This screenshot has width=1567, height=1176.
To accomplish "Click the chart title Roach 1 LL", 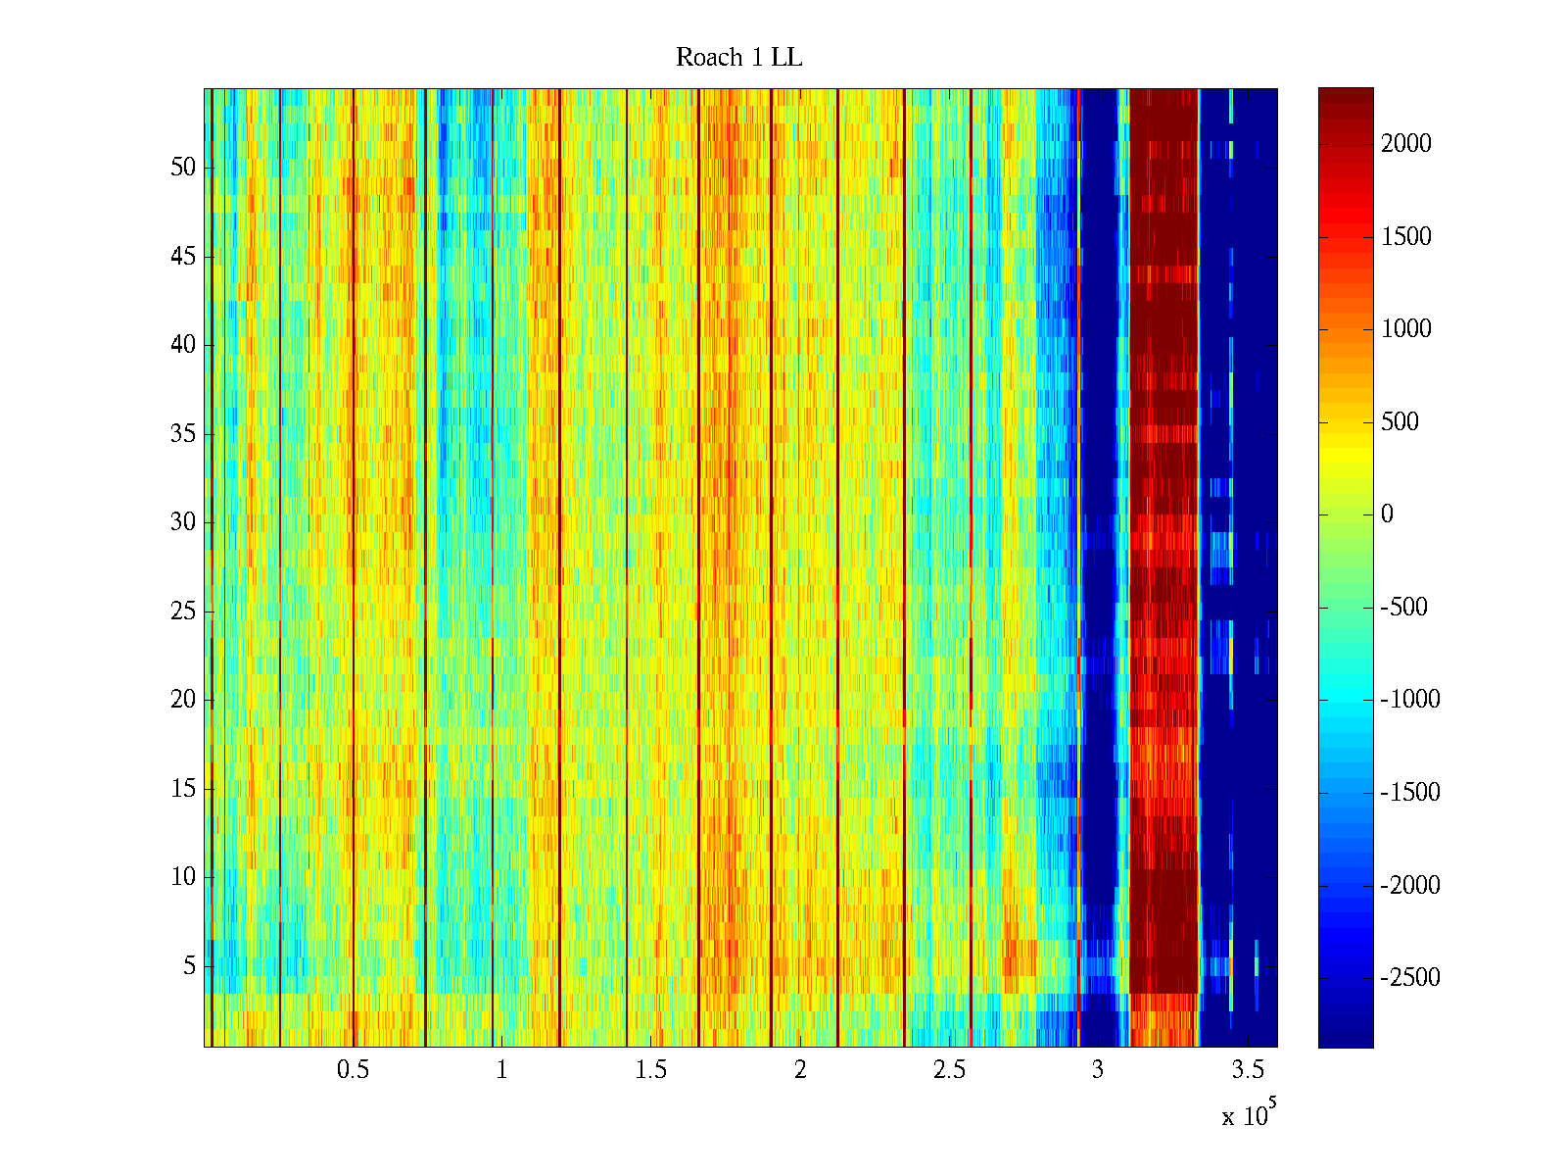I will tap(738, 58).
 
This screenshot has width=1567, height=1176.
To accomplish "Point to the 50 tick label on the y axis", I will tap(183, 167).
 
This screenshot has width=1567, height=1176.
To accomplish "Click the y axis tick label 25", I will tap(183, 612).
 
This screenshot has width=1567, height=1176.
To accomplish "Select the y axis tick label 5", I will tap(189, 966).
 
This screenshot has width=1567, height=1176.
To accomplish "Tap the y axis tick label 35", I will tap(183, 433).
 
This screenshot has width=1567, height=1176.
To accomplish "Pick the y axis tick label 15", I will tap(183, 789).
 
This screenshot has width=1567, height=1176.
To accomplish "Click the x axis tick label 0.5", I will tap(353, 1070).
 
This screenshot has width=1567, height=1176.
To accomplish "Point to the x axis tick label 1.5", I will tap(651, 1070).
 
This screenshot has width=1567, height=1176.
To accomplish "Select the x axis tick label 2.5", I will tap(949, 1070).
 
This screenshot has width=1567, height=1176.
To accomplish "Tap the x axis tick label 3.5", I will tap(1248, 1070).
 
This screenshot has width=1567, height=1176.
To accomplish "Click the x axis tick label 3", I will tap(1098, 1070).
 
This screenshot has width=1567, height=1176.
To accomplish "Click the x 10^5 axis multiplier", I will tap(1249, 1114).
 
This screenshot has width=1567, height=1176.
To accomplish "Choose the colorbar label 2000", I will tap(1406, 144).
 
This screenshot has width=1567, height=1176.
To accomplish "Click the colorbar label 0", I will tap(1387, 514).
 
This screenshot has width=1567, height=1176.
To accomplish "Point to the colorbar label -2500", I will tap(1410, 978).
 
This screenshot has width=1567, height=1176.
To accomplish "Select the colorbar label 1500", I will tap(1406, 236).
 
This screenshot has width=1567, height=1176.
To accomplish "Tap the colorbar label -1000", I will tap(1410, 700).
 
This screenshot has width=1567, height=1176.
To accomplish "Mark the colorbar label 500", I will tap(1401, 422).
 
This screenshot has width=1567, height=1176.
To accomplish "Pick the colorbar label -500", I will tap(1404, 608).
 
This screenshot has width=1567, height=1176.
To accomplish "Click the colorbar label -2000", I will tap(1410, 885).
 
